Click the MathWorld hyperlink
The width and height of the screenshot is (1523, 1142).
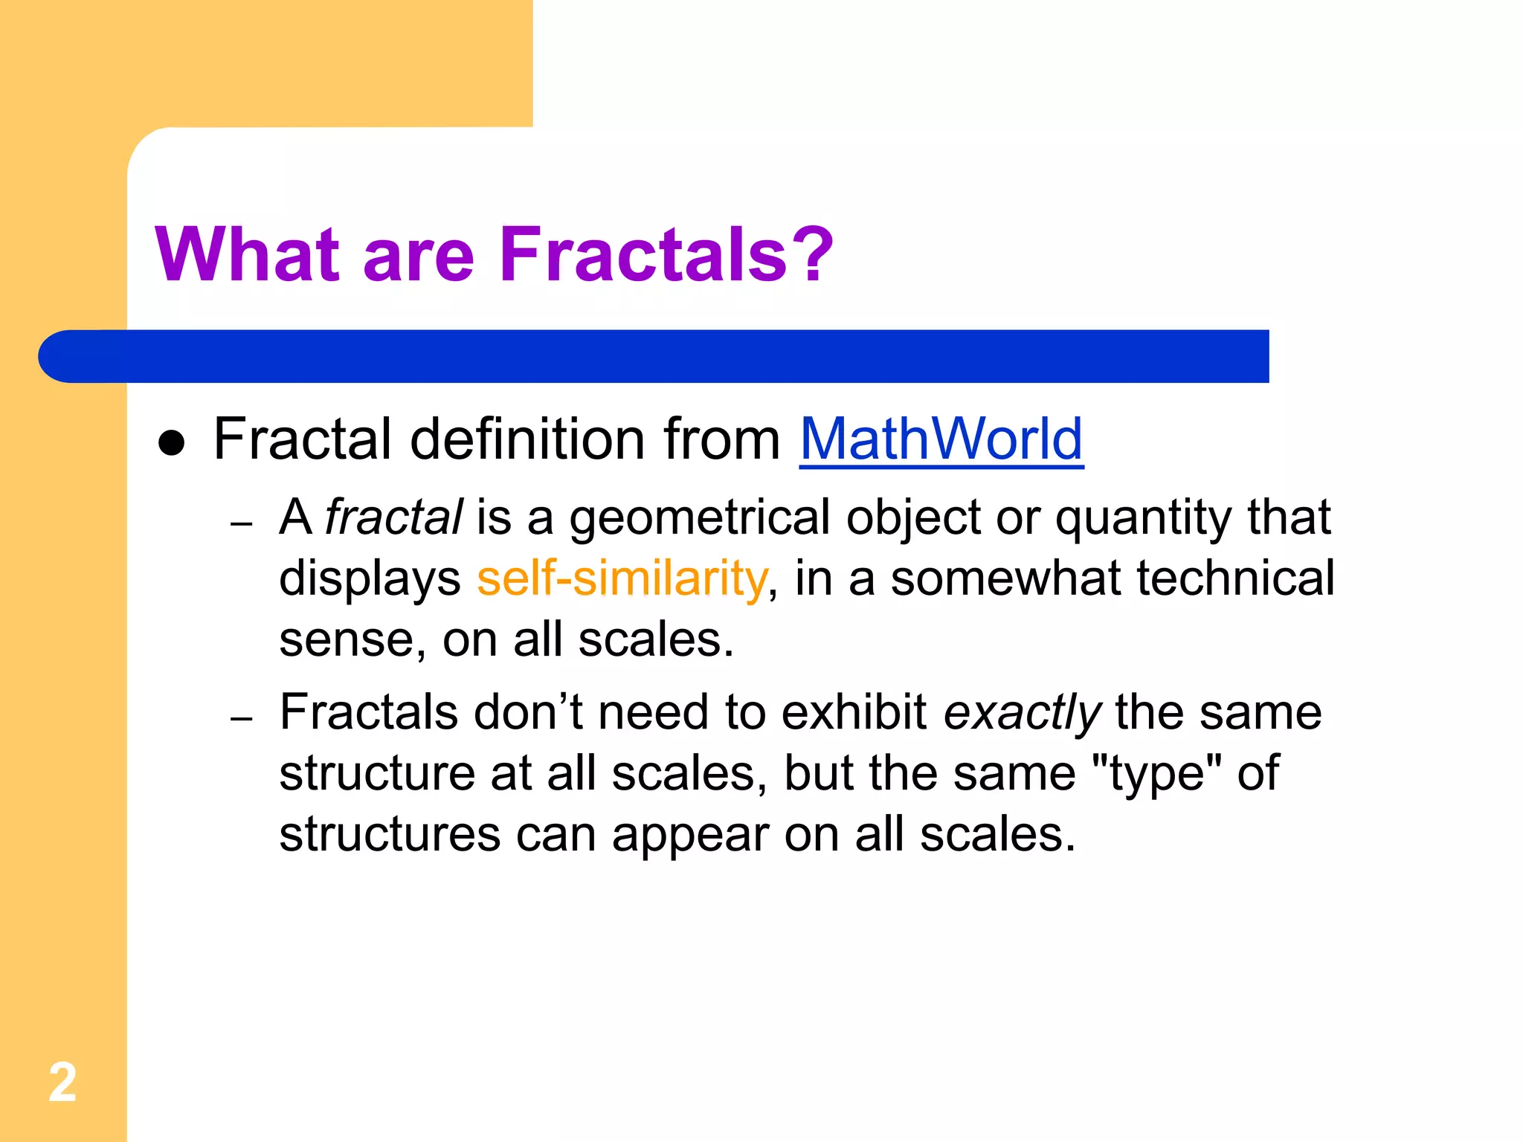941,439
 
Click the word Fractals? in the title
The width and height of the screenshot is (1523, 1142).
666,255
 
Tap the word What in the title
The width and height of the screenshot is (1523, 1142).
248,255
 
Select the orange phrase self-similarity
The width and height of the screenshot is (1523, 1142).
622,578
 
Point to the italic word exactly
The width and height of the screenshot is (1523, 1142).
1022,713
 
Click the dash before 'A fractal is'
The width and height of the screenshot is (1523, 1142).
242,525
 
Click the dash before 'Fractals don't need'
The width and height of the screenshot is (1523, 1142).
242,720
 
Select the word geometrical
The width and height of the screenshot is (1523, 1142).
699,518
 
